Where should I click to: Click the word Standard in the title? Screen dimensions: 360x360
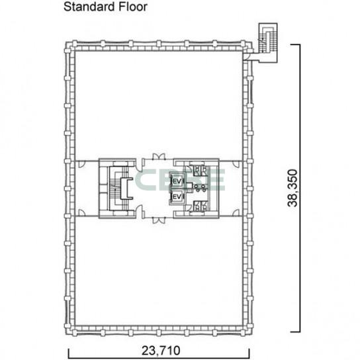click(89, 7)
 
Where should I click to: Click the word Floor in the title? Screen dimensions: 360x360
click(133, 7)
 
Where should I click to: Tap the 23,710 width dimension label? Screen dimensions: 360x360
click(161, 351)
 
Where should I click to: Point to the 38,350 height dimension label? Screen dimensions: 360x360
click(292, 188)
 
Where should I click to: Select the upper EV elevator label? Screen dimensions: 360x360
click(177, 181)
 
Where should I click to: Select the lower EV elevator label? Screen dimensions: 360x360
click(177, 197)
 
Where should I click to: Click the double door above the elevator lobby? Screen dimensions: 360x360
click(159, 156)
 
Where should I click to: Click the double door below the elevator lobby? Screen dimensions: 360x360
click(159, 220)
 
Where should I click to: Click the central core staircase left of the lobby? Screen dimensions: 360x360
click(118, 188)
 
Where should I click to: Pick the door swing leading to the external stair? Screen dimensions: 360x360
click(247, 56)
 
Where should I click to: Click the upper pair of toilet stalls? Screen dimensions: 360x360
click(201, 171)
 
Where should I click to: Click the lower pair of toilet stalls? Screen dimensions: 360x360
click(201, 206)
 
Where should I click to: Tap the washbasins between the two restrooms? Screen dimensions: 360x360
click(201, 188)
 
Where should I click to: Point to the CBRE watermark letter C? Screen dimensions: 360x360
click(145, 180)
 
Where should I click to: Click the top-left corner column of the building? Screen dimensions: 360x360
click(69, 46)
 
